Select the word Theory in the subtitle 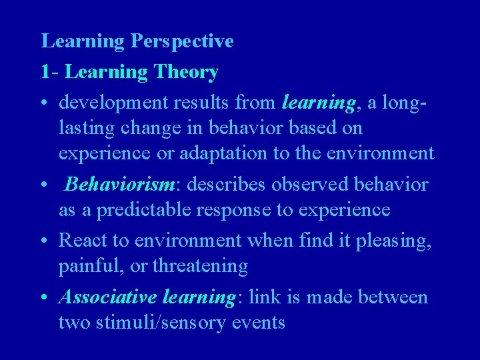(x=187, y=72)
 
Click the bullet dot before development (x=45, y=103)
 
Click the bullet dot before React (x=45, y=239)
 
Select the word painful (x=85, y=267)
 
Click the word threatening (x=200, y=267)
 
